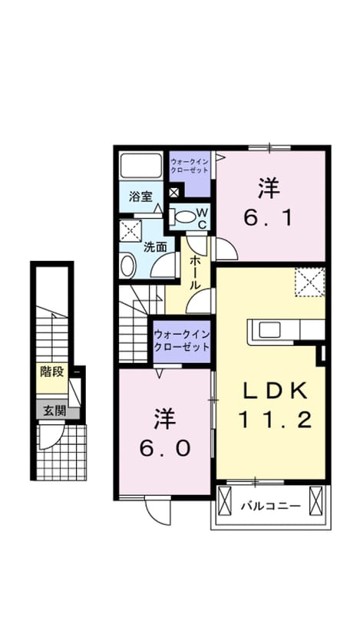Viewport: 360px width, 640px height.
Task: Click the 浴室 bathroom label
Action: click(x=140, y=196)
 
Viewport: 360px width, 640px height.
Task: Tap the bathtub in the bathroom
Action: click(x=141, y=166)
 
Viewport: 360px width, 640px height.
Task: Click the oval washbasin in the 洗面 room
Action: click(x=127, y=265)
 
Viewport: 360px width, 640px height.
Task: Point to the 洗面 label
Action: click(x=156, y=247)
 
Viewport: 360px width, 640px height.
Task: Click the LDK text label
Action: click(x=275, y=392)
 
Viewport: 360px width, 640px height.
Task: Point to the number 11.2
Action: click(x=276, y=420)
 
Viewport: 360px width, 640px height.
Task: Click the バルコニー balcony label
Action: click(x=271, y=506)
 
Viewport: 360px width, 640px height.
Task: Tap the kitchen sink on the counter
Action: click(x=269, y=330)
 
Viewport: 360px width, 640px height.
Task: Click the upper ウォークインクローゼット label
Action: click(x=190, y=165)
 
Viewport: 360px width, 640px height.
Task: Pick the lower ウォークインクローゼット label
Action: click(x=182, y=341)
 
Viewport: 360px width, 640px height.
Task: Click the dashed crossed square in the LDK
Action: click(x=310, y=282)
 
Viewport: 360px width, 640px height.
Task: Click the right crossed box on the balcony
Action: click(x=316, y=501)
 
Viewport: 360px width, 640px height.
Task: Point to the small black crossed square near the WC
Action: click(x=174, y=192)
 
